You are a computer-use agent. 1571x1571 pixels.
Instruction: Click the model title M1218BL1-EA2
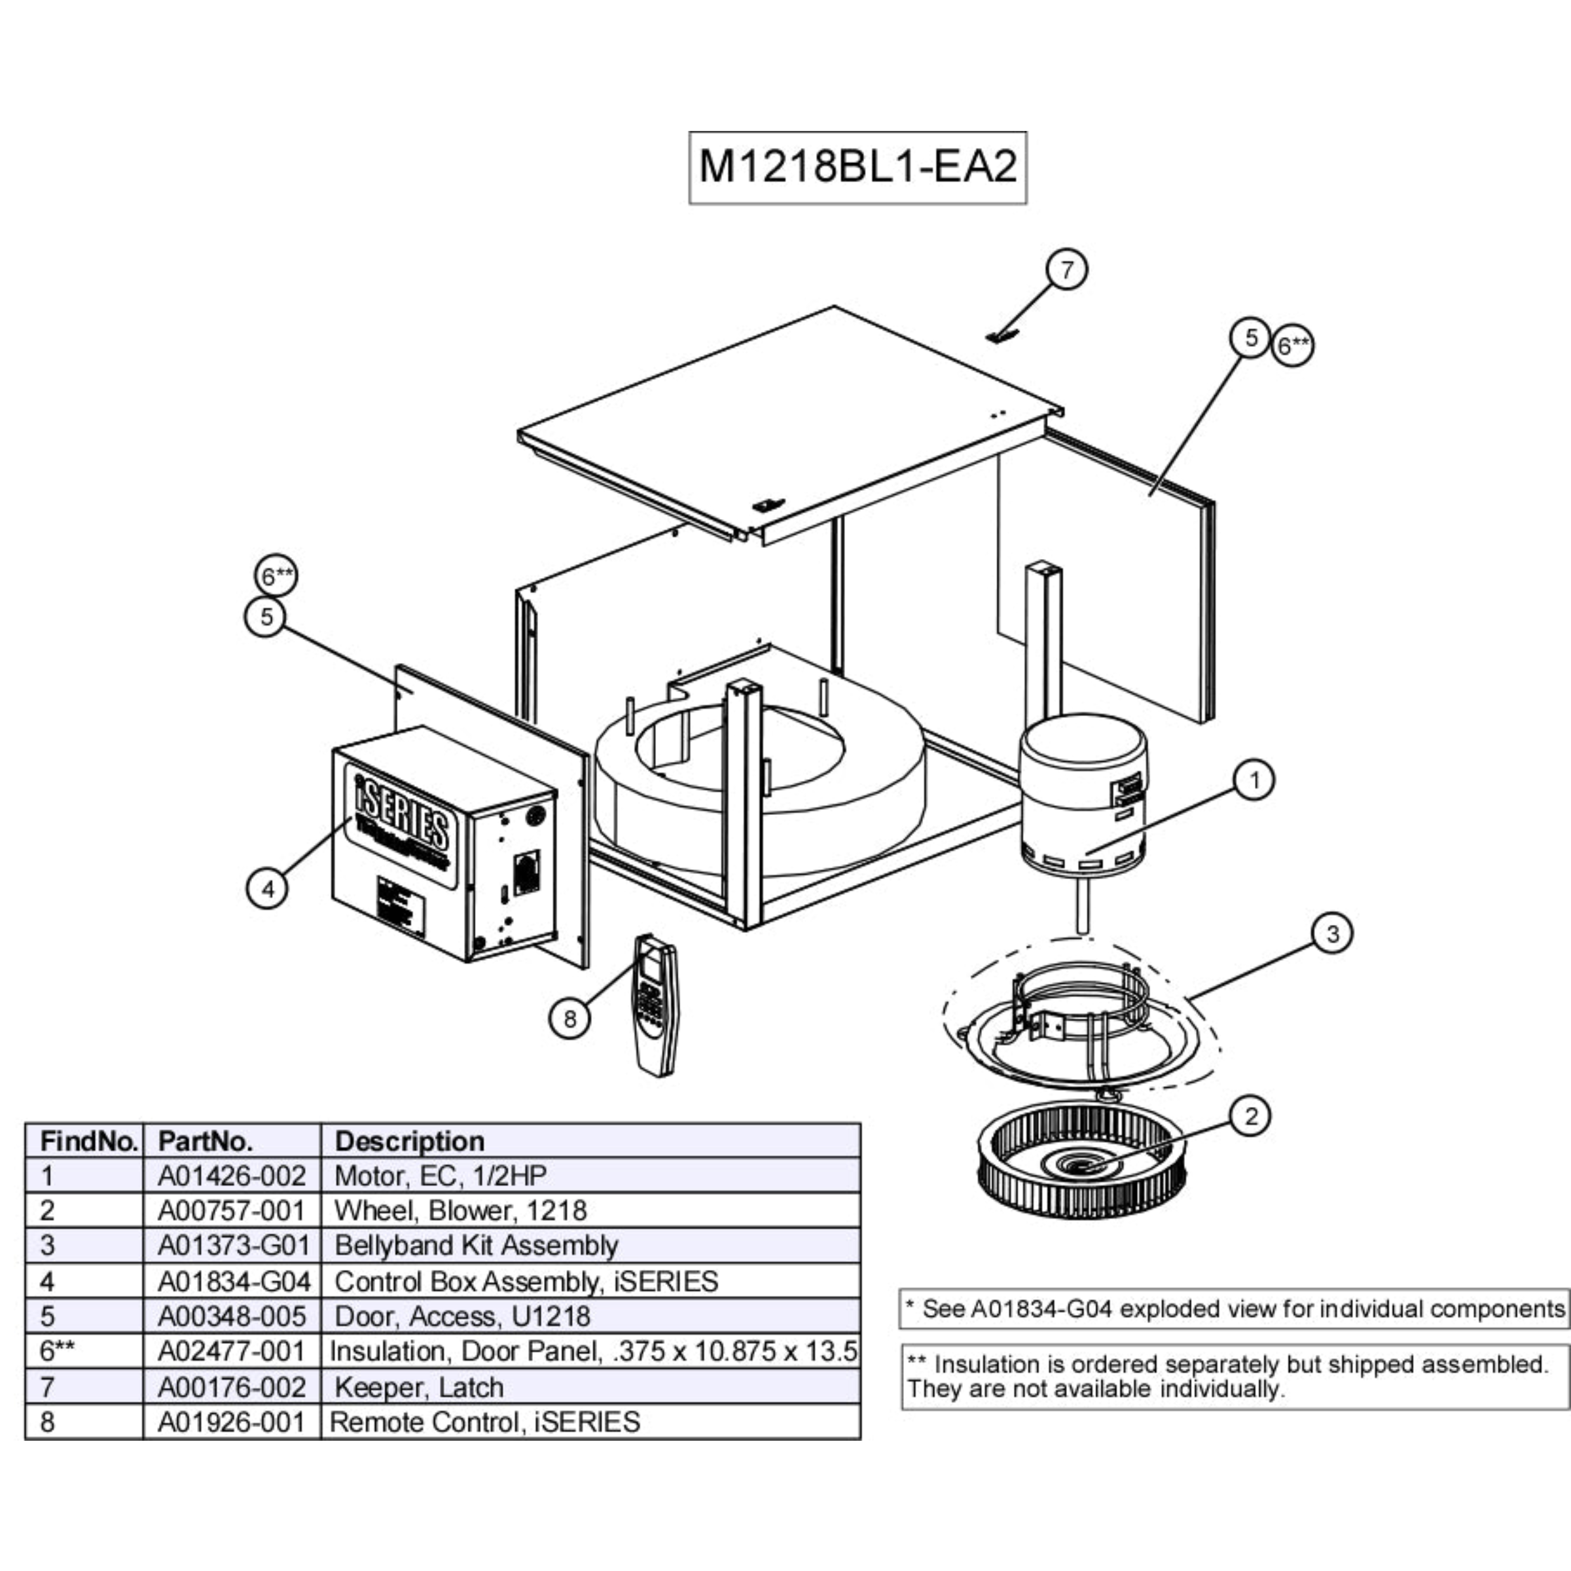[857, 168]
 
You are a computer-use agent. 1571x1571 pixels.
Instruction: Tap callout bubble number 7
[1066, 269]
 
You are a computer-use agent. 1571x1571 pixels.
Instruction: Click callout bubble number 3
[1332, 933]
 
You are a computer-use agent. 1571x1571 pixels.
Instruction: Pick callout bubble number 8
[569, 1018]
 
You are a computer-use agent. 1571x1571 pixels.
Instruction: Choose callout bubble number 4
[268, 889]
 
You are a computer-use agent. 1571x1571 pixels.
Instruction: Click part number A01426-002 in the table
[232, 1176]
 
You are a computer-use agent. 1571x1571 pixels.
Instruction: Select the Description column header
[410, 1141]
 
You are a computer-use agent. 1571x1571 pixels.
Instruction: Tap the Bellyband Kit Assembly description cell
[477, 1246]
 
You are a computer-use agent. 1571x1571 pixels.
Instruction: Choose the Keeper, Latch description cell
[419, 1386]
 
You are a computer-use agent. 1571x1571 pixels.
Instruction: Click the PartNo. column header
[206, 1141]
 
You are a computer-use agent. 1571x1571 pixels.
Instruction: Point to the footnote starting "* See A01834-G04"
[1233, 1309]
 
